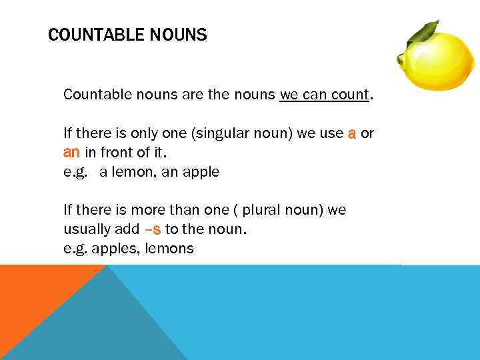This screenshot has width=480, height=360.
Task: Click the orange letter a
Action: pos(351,133)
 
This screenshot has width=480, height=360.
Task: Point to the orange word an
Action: pos(71,153)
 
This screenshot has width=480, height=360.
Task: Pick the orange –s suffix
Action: pos(153,230)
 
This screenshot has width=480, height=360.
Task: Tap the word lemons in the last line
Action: pos(170,249)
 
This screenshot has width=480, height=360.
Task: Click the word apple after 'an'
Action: pos(201,172)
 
